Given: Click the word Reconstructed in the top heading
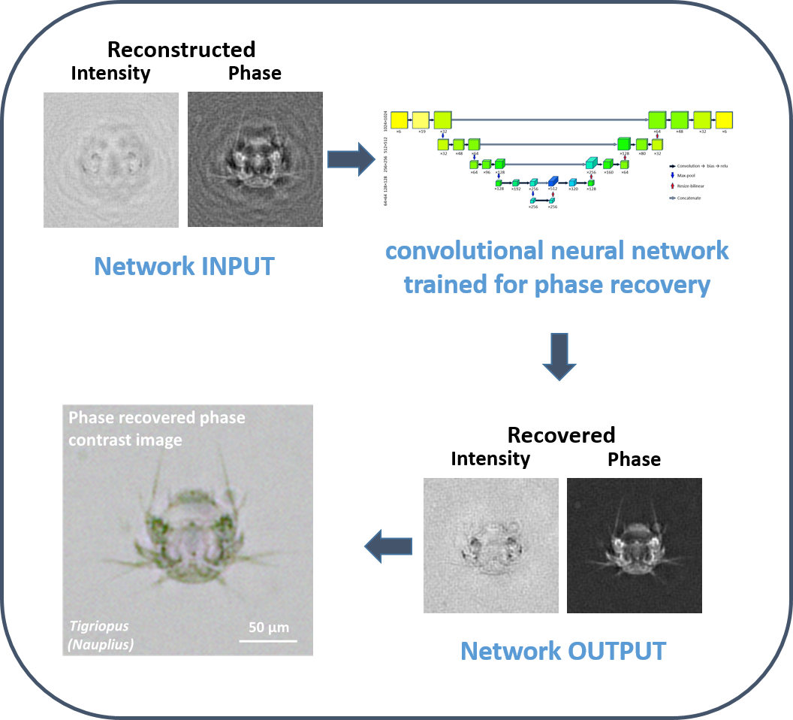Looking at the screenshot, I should [x=181, y=50].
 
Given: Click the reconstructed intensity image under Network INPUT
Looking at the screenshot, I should [x=111, y=159].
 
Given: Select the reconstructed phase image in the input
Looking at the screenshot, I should [x=255, y=159].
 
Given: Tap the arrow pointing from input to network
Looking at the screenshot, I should [x=351, y=159].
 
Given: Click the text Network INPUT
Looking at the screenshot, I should [x=184, y=266].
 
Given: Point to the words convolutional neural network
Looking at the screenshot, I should [x=556, y=250].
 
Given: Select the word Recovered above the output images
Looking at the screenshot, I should [x=561, y=434].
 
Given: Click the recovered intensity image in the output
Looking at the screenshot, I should [x=491, y=545].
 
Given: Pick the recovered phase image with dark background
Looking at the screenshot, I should [x=635, y=545].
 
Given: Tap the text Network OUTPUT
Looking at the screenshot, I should [x=562, y=651].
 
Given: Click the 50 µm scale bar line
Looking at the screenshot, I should [x=268, y=640].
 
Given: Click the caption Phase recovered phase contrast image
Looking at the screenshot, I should [x=157, y=428].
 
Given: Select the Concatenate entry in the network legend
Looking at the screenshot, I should [x=689, y=198].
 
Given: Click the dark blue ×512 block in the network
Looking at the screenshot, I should [x=553, y=181].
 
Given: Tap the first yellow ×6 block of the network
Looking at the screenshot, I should [x=399, y=120].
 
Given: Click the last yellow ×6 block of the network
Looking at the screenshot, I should [x=724, y=120].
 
